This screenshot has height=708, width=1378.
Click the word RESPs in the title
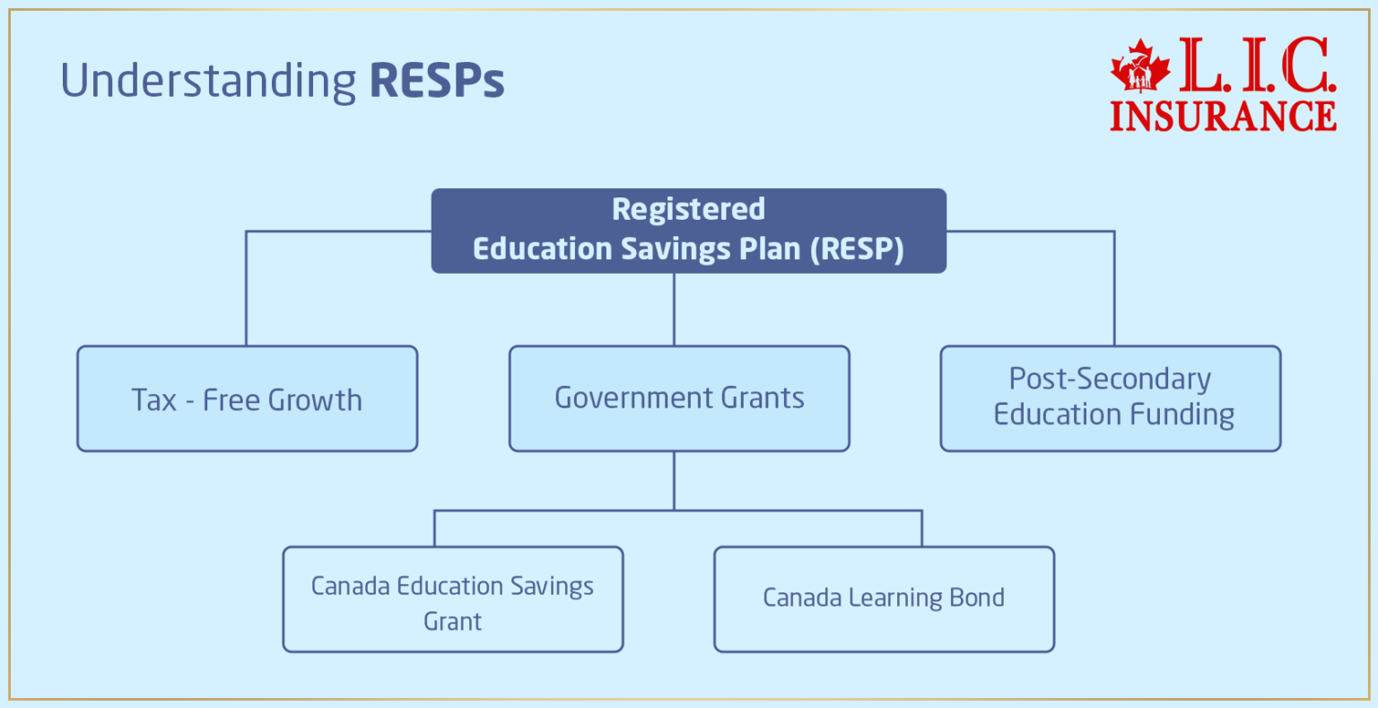pos(437,81)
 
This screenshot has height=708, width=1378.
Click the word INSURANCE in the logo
pos(1223,117)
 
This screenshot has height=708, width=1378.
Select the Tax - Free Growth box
pos(247,398)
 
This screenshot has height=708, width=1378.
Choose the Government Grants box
pos(679,398)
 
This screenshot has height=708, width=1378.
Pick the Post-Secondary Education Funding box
pos(1111,398)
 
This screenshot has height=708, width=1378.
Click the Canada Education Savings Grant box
pos(453,599)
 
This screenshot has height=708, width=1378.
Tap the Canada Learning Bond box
pos(884,599)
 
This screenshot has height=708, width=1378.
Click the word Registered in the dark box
pos(688,209)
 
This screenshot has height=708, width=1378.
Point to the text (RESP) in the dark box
pos(857,249)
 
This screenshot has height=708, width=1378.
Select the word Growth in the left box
pos(315,400)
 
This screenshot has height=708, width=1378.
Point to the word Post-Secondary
pos(1110,380)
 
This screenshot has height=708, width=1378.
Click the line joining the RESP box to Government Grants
pos(674,310)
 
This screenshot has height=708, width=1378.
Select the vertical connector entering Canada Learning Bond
pos(921,529)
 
